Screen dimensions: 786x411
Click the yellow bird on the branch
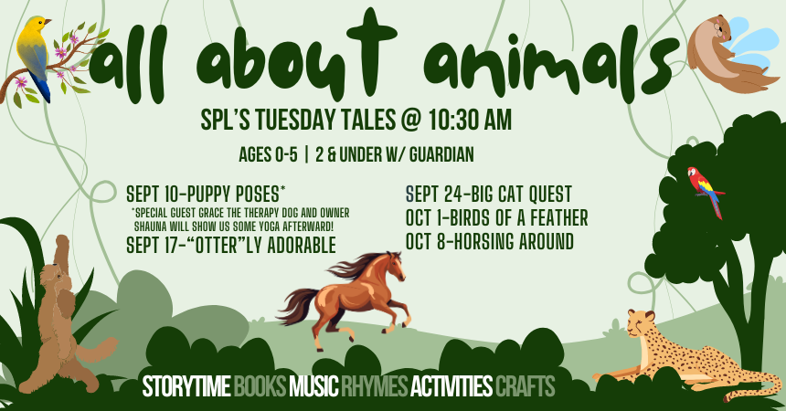(x=34, y=55)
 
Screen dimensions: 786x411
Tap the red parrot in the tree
(x=706, y=191)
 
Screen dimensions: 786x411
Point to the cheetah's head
(x=642, y=323)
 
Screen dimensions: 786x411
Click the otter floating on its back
(x=729, y=55)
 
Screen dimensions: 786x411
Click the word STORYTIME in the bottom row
(x=186, y=386)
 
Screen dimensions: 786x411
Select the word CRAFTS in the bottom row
(x=525, y=386)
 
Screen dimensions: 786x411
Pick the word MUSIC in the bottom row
(x=314, y=386)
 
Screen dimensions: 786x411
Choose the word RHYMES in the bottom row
(x=375, y=386)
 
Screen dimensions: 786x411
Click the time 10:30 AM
(x=469, y=121)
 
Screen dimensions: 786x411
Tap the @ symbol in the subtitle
(x=410, y=121)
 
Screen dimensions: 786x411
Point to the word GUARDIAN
(x=441, y=155)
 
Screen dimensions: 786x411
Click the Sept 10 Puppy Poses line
(x=206, y=194)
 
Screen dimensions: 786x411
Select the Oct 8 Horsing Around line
(x=490, y=242)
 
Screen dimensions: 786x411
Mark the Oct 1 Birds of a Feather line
(x=497, y=218)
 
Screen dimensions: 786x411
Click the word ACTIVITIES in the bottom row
(x=451, y=386)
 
